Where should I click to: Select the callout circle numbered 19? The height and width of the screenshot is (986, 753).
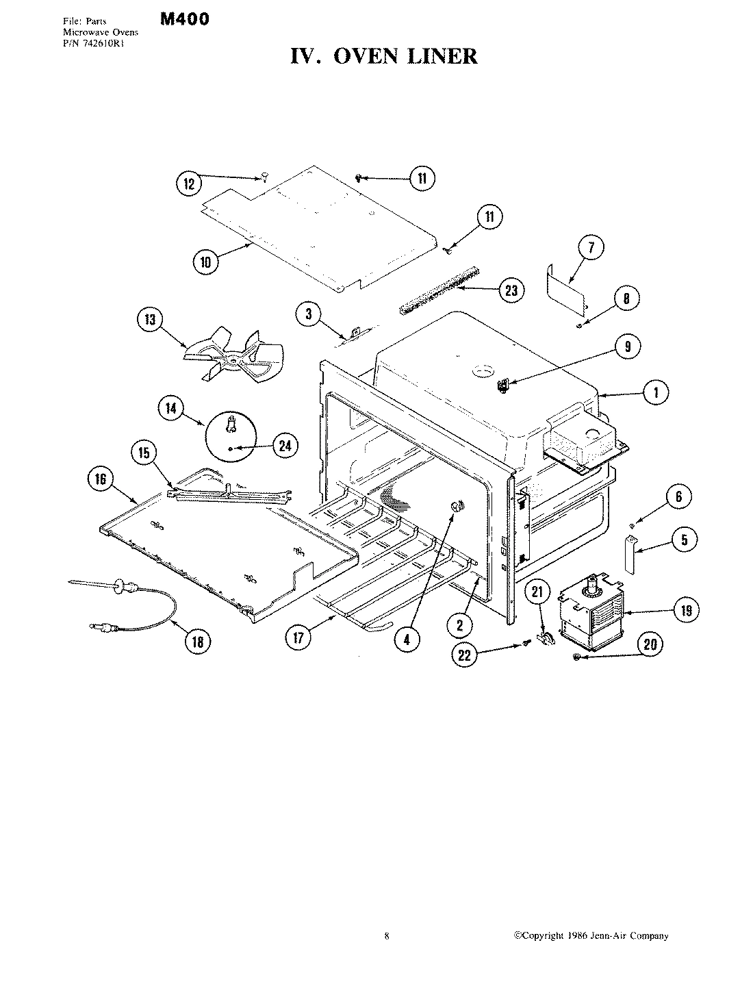click(x=686, y=610)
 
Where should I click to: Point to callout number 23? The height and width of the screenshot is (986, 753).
click(x=511, y=290)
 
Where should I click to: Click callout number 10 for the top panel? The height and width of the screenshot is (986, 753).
click(x=206, y=261)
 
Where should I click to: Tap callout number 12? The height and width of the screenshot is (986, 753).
click(x=189, y=184)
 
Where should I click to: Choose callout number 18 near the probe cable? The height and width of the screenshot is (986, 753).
click(x=197, y=642)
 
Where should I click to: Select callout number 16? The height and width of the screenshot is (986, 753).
click(x=100, y=479)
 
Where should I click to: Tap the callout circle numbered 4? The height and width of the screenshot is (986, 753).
click(x=407, y=639)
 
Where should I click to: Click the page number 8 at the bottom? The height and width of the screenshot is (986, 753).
click(x=387, y=936)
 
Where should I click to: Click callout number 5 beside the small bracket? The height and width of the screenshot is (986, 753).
click(x=684, y=540)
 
